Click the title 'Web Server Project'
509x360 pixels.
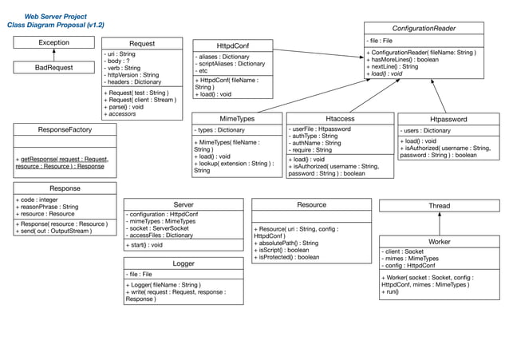coord(55,16)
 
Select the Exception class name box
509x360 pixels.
coord(53,42)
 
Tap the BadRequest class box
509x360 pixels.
coord(53,67)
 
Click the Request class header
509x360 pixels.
coord(142,43)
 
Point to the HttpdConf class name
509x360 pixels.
coord(231,45)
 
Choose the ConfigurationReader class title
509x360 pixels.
coord(424,28)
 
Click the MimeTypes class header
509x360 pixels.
coord(237,118)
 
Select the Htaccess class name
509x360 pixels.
coord(340,118)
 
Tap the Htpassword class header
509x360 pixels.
coord(448,119)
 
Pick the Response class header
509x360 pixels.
coord(65,188)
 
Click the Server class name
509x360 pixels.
coord(183,204)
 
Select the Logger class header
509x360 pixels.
coord(183,263)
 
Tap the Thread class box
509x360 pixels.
coord(439,205)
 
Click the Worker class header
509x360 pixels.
coord(439,241)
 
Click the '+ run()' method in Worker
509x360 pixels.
coord(393,292)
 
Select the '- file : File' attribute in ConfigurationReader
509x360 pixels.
coord(380,40)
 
